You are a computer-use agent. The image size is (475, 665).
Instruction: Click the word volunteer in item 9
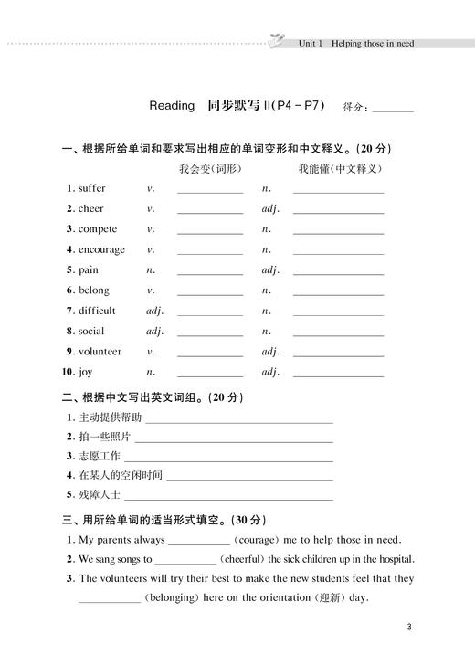[100, 351]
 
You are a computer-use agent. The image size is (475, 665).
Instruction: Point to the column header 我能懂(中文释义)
[339, 168]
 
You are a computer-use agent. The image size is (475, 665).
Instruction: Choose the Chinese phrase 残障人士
[100, 495]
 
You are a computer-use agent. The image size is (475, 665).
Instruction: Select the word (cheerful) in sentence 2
[241, 559]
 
